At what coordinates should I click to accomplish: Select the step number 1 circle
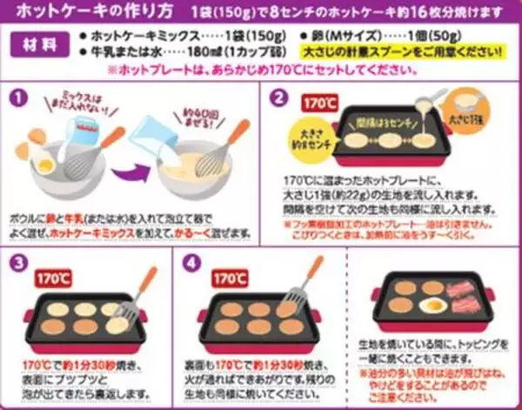18,97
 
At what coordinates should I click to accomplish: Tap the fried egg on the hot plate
432,306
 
